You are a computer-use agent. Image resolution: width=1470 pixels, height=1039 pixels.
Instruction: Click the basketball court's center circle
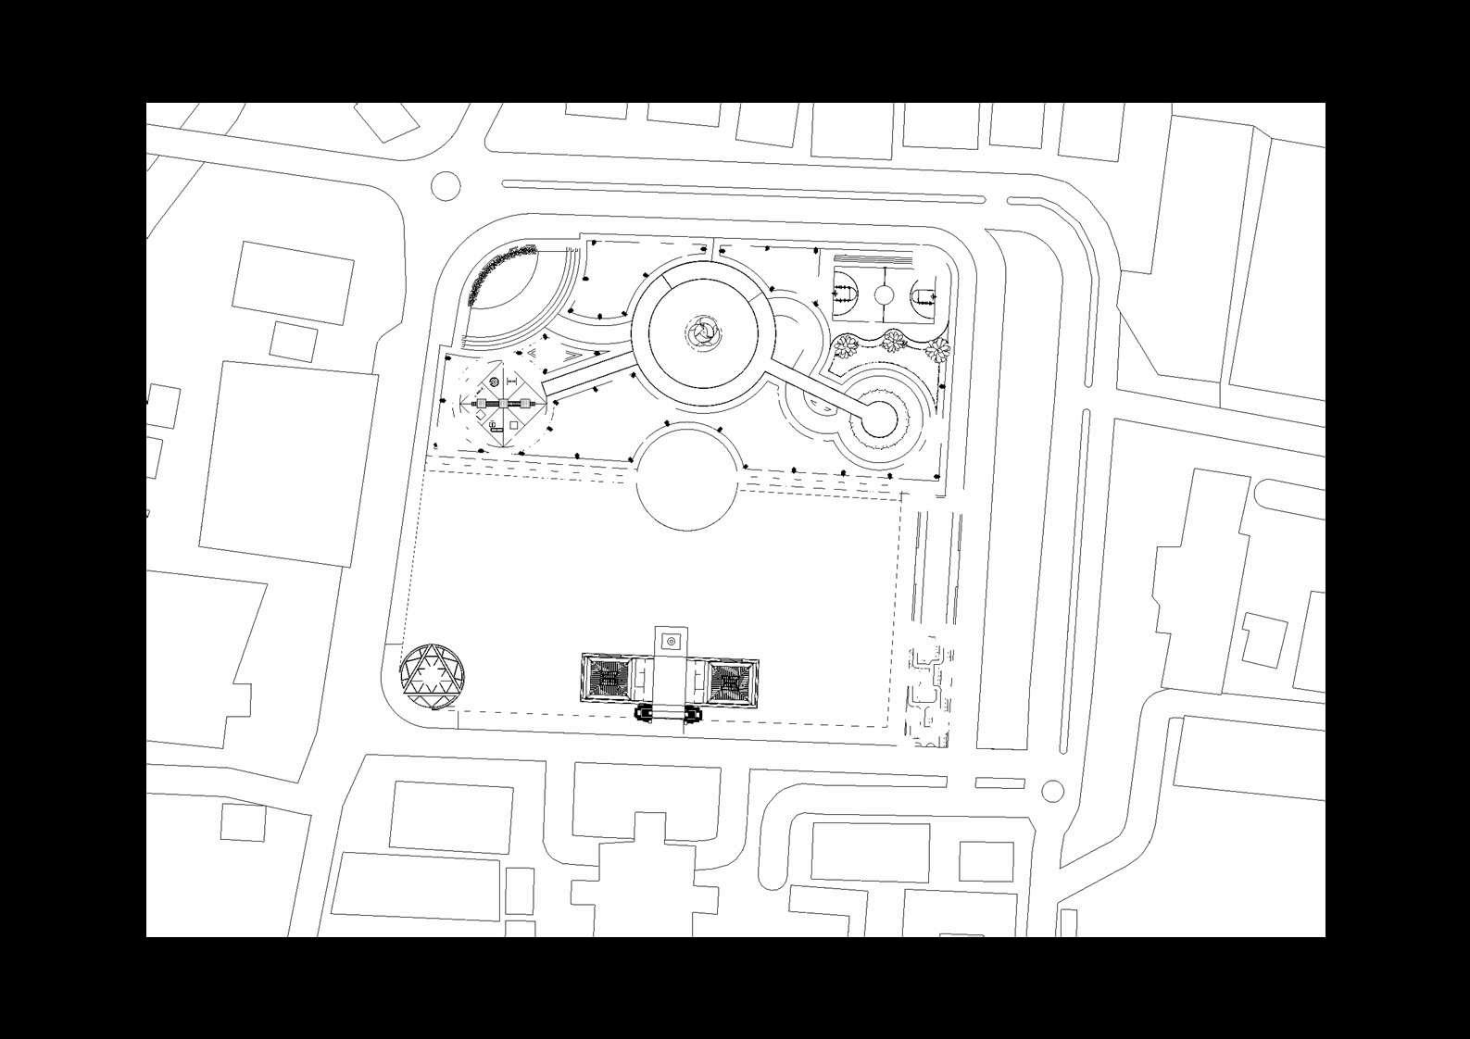click(x=884, y=295)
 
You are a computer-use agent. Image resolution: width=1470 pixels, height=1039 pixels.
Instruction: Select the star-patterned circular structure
click(x=433, y=677)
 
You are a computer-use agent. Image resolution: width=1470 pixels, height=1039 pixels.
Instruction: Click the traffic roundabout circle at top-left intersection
click(x=446, y=185)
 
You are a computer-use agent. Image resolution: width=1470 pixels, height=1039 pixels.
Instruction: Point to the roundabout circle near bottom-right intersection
click(x=1052, y=791)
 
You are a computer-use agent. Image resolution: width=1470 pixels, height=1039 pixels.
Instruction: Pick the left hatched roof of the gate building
click(x=609, y=681)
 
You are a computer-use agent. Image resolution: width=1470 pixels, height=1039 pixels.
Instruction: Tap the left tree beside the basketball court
click(x=845, y=346)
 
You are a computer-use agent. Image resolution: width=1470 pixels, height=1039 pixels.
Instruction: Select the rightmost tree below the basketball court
click(x=938, y=349)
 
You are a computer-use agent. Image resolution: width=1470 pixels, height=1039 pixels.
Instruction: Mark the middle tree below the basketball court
click(x=893, y=341)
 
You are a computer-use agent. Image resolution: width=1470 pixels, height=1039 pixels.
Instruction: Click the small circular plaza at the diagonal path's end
click(x=879, y=419)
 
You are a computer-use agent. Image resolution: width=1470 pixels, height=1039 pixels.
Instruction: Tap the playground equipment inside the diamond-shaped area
click(x=503, y=404)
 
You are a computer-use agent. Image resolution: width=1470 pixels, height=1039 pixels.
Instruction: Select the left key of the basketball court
click(x=843, y=295)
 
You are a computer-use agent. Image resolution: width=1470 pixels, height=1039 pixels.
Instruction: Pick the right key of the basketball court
click(x=924, y=296)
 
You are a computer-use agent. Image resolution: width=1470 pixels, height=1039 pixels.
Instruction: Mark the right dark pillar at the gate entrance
click(x=691, y=713)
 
